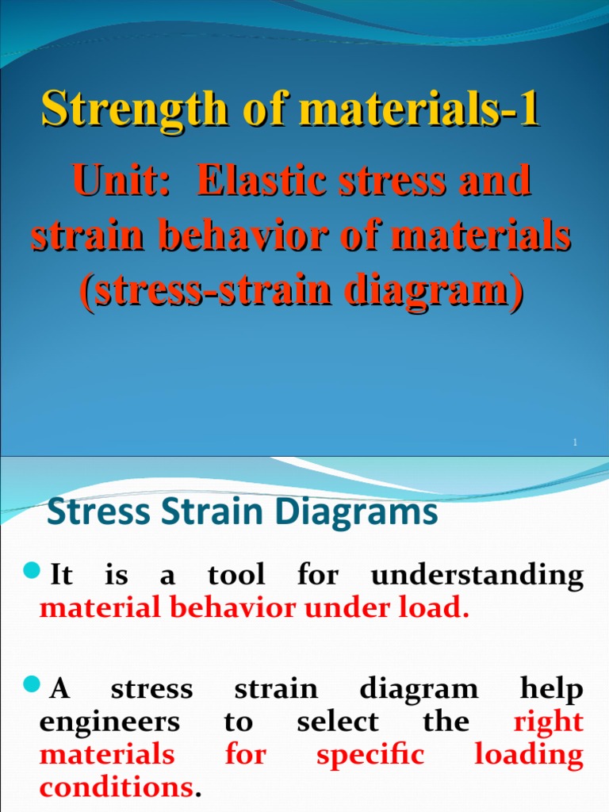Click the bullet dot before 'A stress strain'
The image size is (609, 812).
coord(33,684)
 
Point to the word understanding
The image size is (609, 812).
coord(477,576)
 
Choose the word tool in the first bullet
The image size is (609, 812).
coord(236,575)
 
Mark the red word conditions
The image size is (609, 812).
coord(115,788)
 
